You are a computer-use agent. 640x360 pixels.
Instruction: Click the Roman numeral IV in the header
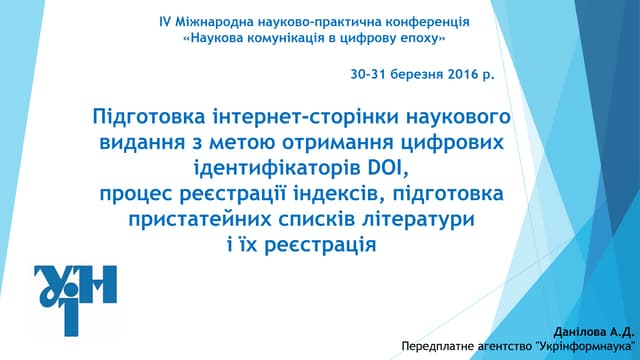click(x=167, y=22)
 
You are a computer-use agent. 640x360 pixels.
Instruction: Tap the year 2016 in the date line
click(x=459, y=75)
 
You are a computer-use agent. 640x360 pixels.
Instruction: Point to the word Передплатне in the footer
click(x=435, y=347)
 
